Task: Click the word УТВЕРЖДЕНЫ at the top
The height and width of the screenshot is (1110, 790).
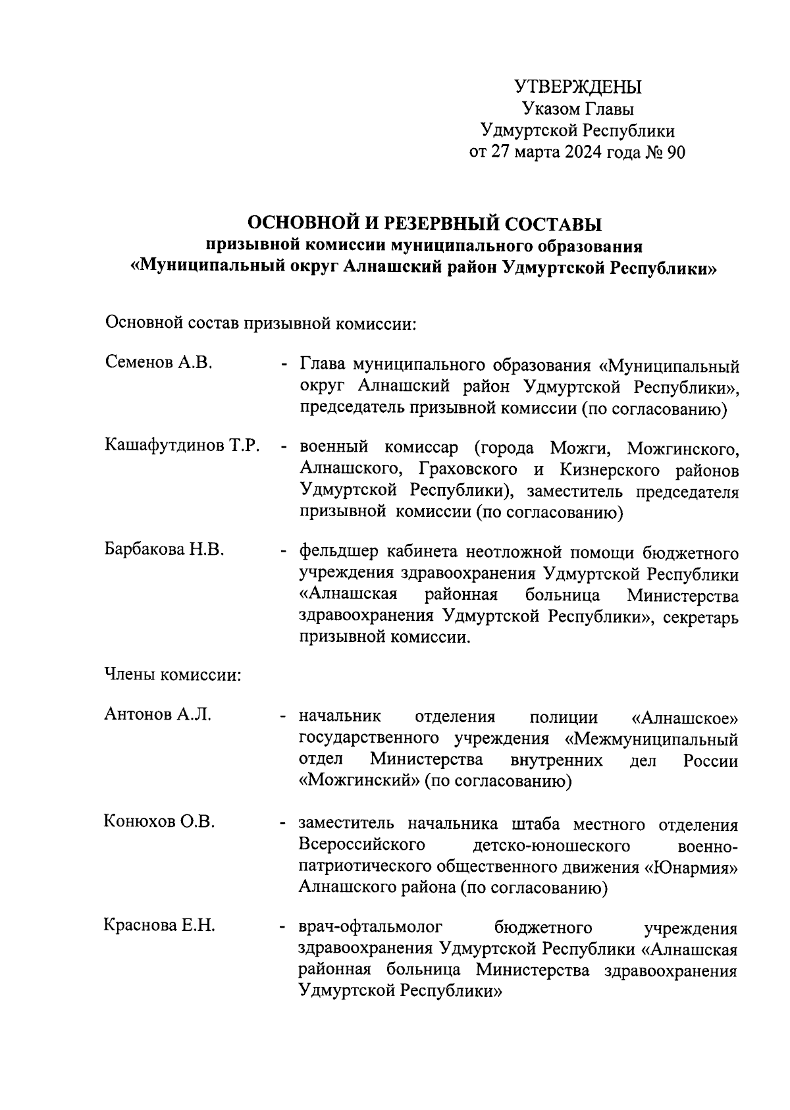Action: point(577,86)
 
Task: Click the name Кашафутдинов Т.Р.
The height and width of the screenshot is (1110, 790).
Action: point(182,446)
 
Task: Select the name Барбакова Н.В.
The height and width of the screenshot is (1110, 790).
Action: point(165,550)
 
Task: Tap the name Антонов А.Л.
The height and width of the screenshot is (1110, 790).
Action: point(158,714)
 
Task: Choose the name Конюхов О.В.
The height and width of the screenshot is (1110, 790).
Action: point(159,822)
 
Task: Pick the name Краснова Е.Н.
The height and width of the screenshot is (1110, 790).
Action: point(159,926)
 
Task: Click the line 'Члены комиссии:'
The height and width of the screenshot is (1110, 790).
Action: point(172,675)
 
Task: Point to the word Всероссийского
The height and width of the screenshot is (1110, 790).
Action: point(361,845)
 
